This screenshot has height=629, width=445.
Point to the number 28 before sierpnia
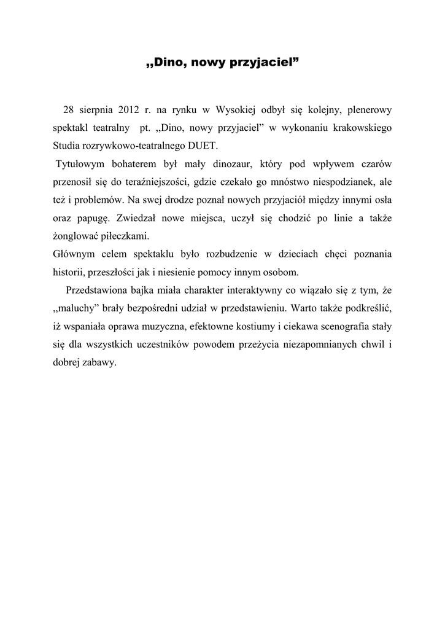[x=68, y=110]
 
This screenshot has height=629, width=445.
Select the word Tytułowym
[x=78, y=164]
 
